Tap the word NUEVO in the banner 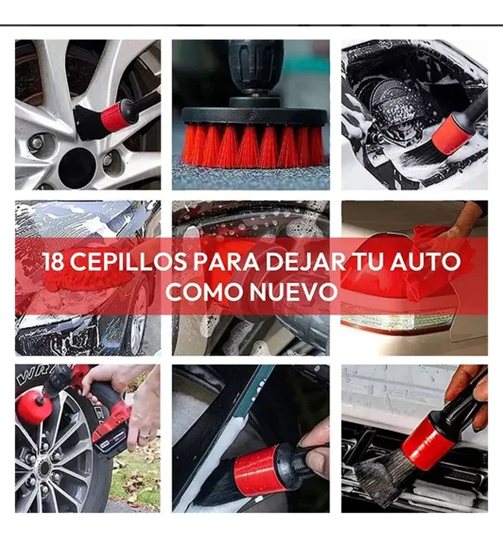pos(293,292)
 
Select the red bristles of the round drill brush pos(253,146)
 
